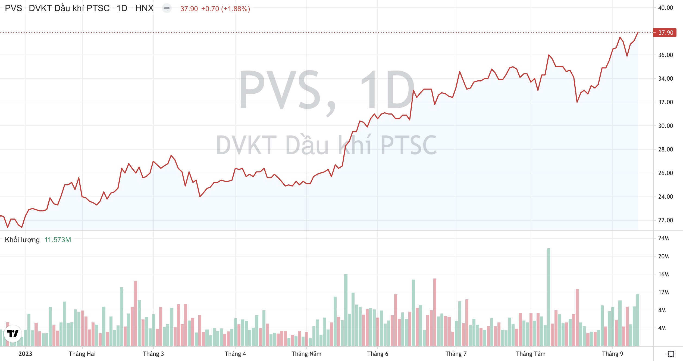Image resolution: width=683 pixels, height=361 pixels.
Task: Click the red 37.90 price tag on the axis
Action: [665, 33]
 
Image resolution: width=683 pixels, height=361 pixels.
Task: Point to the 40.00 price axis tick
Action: [665, 8]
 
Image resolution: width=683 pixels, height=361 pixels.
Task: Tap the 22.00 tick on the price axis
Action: [665, 220]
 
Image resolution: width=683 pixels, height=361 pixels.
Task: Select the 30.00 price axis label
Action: [665, 126]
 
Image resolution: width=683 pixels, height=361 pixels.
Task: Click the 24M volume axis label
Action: [663, 238]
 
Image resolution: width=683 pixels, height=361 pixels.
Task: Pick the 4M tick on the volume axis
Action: [662, 328]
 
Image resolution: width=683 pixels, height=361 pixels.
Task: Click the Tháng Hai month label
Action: [82, 354]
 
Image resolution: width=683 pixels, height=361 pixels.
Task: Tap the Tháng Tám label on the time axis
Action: [531, 354]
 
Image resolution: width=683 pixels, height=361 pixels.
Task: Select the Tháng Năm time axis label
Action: [306, 354]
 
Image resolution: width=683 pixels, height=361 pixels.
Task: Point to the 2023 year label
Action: [25, 354]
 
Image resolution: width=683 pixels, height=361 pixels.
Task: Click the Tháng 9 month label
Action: [613, 354]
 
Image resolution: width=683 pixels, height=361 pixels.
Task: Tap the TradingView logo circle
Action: [13, 333]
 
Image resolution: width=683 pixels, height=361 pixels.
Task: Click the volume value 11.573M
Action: [58, 240]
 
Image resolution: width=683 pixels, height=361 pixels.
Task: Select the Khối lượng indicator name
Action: [22, 240]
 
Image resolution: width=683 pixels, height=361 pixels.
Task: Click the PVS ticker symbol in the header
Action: [14, 8]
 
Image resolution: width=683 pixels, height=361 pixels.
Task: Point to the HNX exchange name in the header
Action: [145, 8]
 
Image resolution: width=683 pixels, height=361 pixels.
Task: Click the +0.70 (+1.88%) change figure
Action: [225, 9]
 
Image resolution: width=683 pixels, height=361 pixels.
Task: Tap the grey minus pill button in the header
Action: [167, 8]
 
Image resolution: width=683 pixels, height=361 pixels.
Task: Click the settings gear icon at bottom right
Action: [671, 354]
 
